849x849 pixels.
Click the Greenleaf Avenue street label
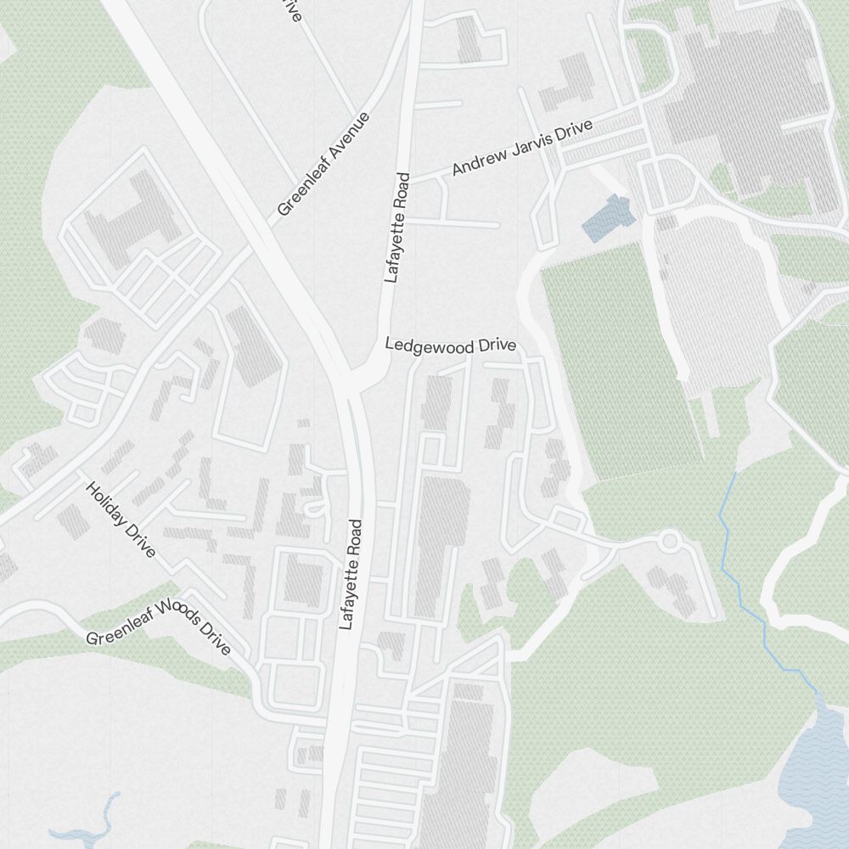[x=324, y=164]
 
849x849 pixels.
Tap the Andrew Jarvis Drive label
[x=521, y=148]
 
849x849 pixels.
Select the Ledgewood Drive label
[x=451, y=346]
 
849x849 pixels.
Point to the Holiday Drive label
[x=121, y=519]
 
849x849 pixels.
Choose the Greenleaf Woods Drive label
[x=159, y=632]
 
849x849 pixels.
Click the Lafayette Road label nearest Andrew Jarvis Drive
[x=396, y=228]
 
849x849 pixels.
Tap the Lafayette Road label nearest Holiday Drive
[x=351, y=575]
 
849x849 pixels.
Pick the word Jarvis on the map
[x=531, y=143]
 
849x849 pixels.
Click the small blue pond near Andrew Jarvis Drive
[x=610, y=216]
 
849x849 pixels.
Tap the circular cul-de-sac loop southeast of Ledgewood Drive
[x=670, y=540]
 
